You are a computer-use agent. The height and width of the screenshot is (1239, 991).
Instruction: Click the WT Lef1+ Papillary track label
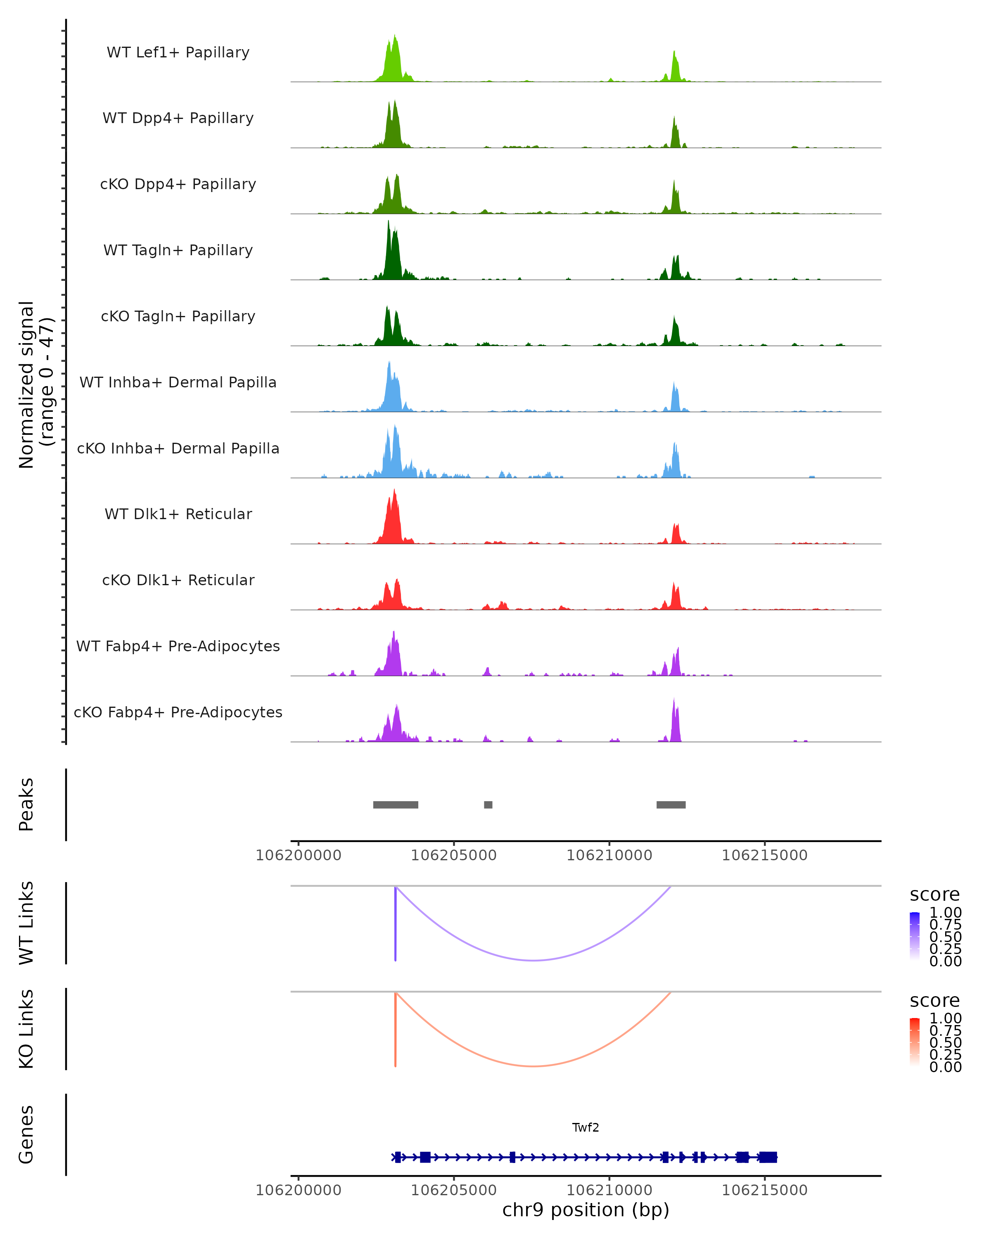[178, 52]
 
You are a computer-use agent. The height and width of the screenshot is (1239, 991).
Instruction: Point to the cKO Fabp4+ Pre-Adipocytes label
[178, 712]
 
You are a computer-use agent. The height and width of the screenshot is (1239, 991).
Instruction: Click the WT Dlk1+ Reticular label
[178, 514]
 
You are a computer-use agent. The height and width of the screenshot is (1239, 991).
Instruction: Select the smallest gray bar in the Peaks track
[488, 805]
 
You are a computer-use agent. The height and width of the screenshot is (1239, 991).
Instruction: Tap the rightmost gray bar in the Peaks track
[671, 805]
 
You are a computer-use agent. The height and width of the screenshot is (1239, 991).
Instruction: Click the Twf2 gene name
[586, 1127]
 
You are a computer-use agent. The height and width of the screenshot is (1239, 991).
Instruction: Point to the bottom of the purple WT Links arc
[534, 960]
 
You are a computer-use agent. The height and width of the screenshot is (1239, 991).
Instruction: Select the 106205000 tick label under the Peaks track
[454, 855]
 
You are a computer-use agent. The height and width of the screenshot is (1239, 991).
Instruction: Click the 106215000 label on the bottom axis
[765, 1190]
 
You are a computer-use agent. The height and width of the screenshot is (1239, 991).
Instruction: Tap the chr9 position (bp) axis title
[586, 1210]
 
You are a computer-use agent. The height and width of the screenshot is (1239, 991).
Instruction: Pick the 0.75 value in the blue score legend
[946, 925]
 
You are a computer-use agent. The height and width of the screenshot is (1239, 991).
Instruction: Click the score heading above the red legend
[935, 1001]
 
